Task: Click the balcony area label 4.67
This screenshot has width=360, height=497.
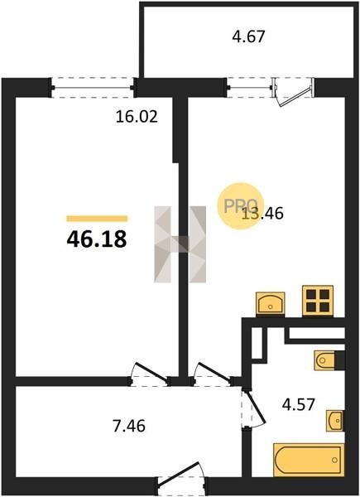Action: click(248, 36)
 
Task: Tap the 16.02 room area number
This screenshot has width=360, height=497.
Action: click(137, 117)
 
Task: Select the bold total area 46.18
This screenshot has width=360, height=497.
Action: click(97, 239)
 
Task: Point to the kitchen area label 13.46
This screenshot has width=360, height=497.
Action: click(263, 213)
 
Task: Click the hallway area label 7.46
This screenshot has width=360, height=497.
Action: click(129, 426)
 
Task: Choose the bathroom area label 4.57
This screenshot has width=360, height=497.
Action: click(299, 404)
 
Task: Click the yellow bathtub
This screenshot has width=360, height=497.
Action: click(309, 460)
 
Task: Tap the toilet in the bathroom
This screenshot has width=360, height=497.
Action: click(325, 360)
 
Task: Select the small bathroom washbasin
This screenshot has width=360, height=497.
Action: click(335, 420)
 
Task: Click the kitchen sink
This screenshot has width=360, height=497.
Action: click(271, 303)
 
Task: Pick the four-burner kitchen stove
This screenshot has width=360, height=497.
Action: click(318, 301)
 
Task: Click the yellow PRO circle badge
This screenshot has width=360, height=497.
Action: click(241, 205)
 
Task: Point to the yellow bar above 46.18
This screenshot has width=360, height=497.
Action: click(97, 219)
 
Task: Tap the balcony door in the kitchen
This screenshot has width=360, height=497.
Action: click(293, 92)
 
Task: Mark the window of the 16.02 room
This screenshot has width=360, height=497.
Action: click(92, 88)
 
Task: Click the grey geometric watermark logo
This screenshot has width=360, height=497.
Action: click(180, 244)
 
